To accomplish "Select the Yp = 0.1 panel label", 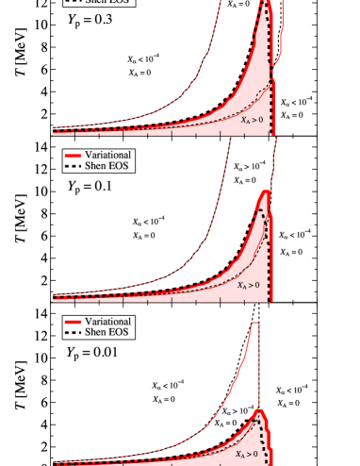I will point(90,186).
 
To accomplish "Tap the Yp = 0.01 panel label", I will point(92,353).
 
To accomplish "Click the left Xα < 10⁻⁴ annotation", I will point(144,58).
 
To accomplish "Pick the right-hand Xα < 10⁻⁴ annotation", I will point(297,102).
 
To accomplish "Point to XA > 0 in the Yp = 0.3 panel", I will point(251,120).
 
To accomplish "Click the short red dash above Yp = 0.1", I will point(74,154).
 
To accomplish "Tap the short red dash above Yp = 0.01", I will point(74,322).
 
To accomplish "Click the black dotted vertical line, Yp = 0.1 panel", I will point(270,274).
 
